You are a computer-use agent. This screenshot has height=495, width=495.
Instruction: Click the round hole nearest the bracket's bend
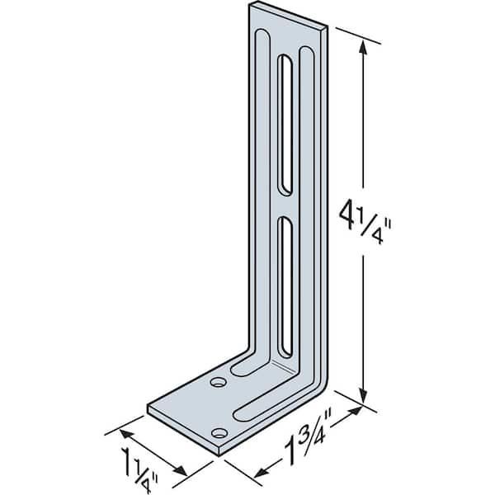tap(218, 382)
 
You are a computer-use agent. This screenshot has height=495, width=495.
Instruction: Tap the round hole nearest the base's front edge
tap(219, 432)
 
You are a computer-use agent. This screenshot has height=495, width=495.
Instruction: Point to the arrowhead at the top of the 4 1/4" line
tap(363, 48)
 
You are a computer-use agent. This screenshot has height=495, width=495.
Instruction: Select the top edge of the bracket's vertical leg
tap(290, 17)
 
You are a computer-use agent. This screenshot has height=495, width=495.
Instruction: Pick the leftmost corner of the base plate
tap(148, 408)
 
